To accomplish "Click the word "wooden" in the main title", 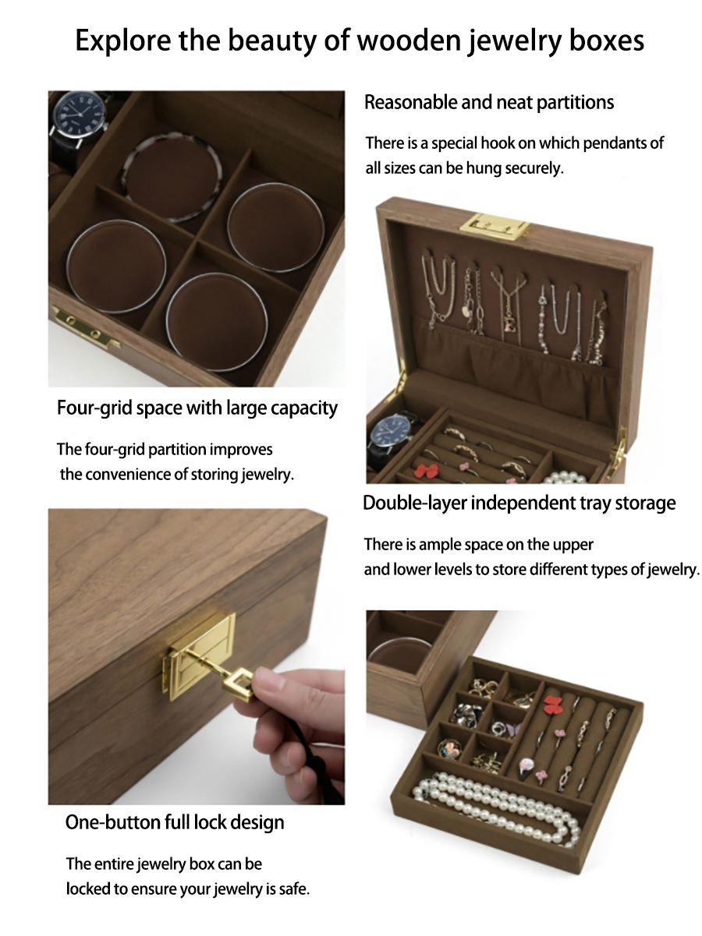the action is click(x=409, y=41).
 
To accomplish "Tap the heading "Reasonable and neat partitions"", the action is click(x=489, y=102).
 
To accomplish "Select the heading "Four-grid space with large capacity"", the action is click(x=197, y=408).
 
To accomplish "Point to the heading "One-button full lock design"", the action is click(x=175, y=822).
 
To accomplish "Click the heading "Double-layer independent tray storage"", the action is click(x=519, y=503).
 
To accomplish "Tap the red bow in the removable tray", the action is click(x=551, y=704).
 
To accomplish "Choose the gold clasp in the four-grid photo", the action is click(x=85, y=327).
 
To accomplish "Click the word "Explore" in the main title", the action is click(x=123, y=41).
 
